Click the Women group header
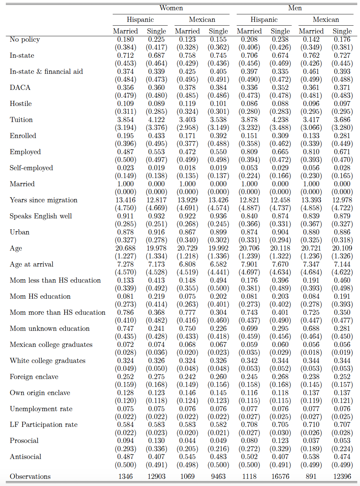click(171, 8)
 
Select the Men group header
click(295, 8)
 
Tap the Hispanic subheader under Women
click(140, 19)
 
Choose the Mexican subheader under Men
click(326, 19)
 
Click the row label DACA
click(20, 87)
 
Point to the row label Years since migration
click(43, 200)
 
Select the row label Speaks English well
click(41, 216)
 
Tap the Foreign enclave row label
click(34, 377)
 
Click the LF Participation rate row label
click(43, 424)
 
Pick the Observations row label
click(30, 476)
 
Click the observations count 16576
click(280, 476)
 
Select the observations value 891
click(311, 476)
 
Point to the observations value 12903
click(156, 476)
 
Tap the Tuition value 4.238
click(280, 120)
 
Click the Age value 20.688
click(125, 248)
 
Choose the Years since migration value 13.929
click(187, 200)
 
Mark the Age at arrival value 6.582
click(218, 264)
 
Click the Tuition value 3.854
click(125, 120)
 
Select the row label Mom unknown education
click(50, 328)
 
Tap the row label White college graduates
click(47, 361)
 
